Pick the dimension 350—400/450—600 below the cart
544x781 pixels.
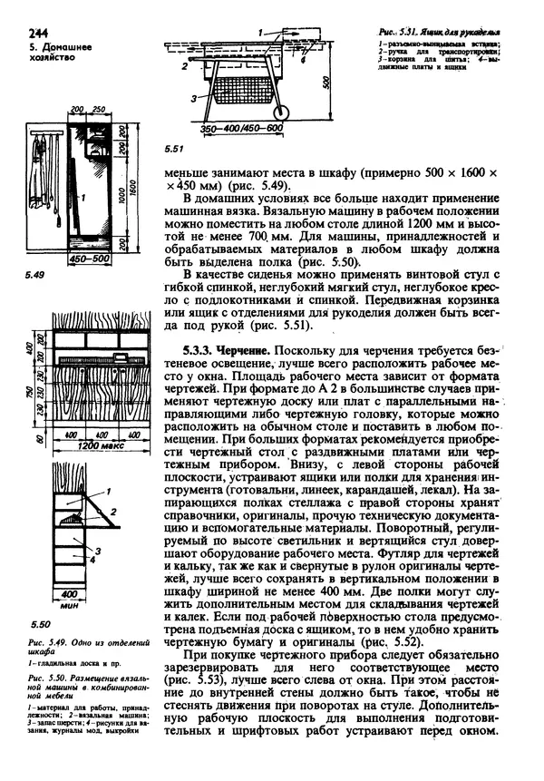(240, 128)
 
